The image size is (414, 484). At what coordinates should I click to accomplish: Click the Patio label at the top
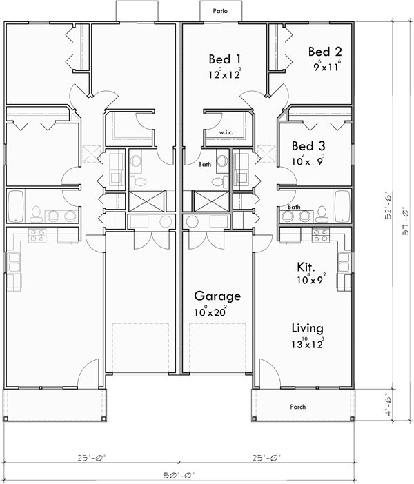pos(219,12)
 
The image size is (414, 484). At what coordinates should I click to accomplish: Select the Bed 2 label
pos(325,52)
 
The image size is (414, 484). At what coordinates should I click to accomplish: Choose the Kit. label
pos(306,267)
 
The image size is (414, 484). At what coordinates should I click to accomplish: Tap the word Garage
pos(217,296)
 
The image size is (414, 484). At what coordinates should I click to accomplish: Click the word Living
pos(307,329)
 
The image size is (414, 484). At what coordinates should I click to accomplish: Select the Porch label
pos(297,407)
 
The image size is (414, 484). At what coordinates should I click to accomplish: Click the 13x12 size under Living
pos(308,343)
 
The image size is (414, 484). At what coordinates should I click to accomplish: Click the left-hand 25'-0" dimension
pos(92,457)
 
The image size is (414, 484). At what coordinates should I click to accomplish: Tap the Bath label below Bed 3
pos(294,207)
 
